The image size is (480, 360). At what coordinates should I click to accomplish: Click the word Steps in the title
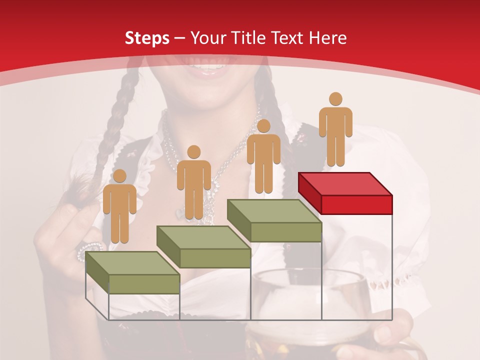147,38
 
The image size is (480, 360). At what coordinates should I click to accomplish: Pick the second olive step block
203,247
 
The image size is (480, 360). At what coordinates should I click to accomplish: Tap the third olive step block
274,221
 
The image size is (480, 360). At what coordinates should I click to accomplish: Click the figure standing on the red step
335,129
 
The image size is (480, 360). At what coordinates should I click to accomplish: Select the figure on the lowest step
119,206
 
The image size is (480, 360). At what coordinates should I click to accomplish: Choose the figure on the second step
193,182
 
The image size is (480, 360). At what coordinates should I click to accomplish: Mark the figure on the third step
263,156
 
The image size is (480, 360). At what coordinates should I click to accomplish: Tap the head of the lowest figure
119,176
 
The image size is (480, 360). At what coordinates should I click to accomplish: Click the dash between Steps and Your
180,38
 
